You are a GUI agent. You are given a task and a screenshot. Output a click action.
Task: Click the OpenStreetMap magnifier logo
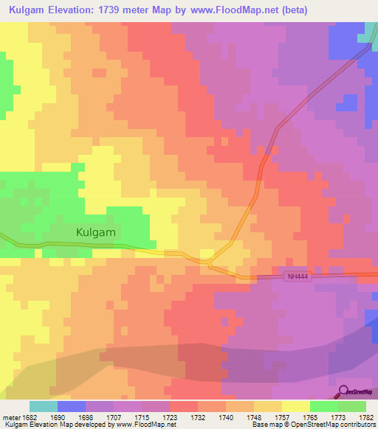(x=343, y=392)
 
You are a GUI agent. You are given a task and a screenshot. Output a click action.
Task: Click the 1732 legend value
(x=198, y=416)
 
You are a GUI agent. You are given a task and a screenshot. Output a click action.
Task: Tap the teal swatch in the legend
(x=43, y=406)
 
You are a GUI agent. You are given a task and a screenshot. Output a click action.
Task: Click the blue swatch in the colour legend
(x=71, y=406)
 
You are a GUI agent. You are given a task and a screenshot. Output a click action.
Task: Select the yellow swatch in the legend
(x=295, y=406)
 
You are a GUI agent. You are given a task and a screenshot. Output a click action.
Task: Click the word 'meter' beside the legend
(x=11, y=416)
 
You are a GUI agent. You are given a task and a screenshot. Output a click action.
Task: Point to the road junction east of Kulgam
(x=210, y=261)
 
